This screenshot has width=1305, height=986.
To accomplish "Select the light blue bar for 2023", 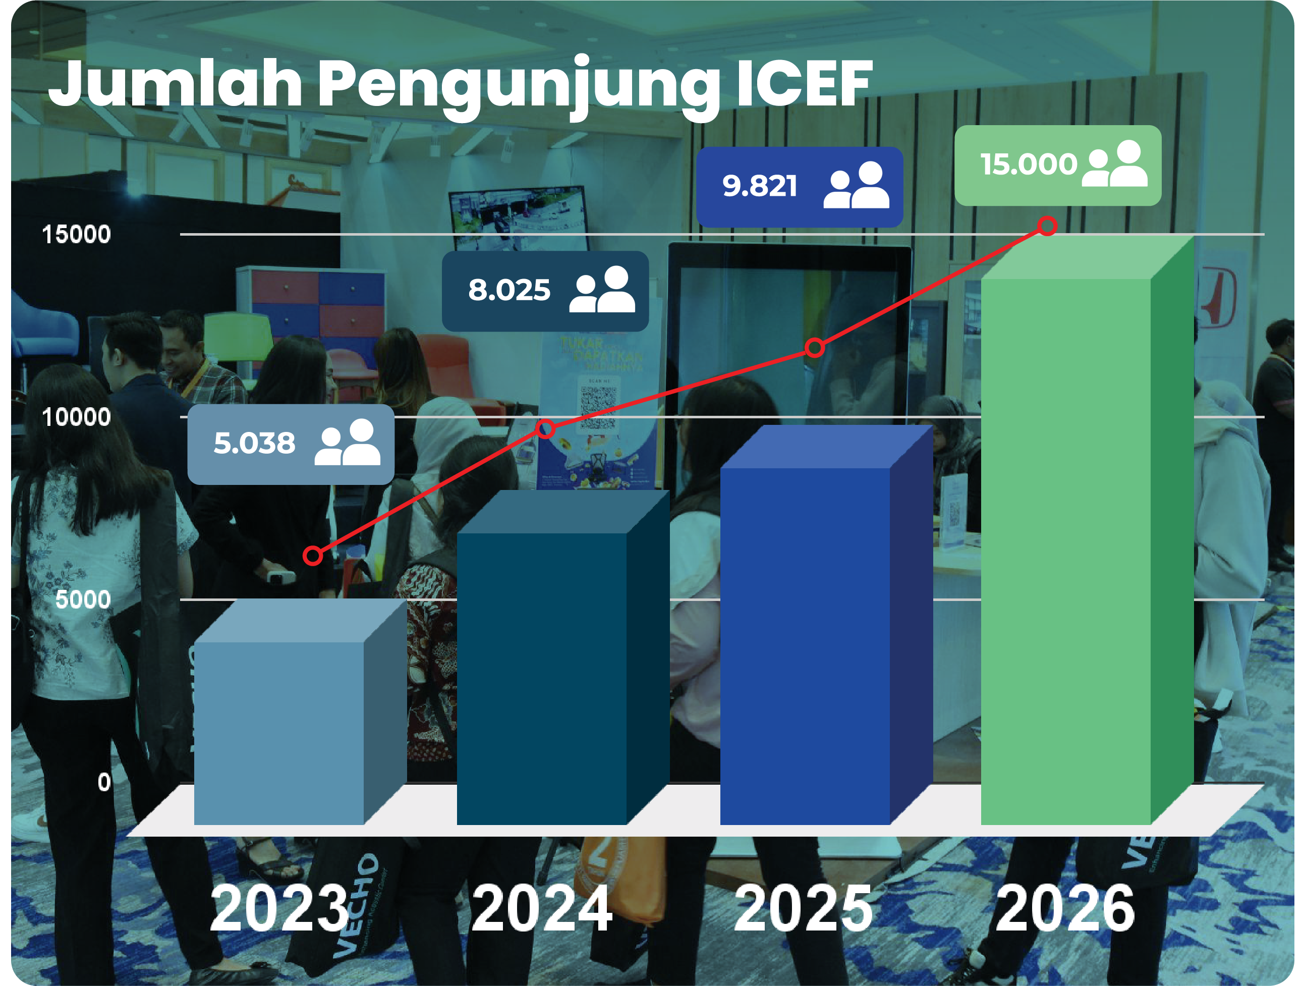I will (x=278, y=732).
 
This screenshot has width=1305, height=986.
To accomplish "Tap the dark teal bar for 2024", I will (x=541, y=679).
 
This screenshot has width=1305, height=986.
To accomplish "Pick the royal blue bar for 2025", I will (x=804, y=646).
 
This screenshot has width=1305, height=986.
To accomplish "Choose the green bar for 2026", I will (x=1065, y=551).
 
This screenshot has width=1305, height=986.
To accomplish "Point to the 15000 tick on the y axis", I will (x=76, y=234).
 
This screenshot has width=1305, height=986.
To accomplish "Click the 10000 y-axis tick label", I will (x=76, y=417).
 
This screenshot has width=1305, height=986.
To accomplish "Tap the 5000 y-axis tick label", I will (x=83, y=599).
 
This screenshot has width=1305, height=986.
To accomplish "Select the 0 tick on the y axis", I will (x=104, y=783).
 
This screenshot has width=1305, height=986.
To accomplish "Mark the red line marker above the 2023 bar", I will (x=313, y=555).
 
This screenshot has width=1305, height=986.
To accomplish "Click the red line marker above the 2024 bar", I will (x=546, y=429).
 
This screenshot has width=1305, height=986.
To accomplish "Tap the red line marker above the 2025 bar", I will (x=814, y=348).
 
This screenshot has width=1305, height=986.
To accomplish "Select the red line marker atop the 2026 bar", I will (x=1047, y=226).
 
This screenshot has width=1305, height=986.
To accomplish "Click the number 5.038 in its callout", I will (x=254, y=443).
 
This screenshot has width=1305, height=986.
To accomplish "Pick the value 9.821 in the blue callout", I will (x=760, y=186).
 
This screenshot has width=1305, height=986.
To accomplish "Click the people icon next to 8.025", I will (x=602, y=289).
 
